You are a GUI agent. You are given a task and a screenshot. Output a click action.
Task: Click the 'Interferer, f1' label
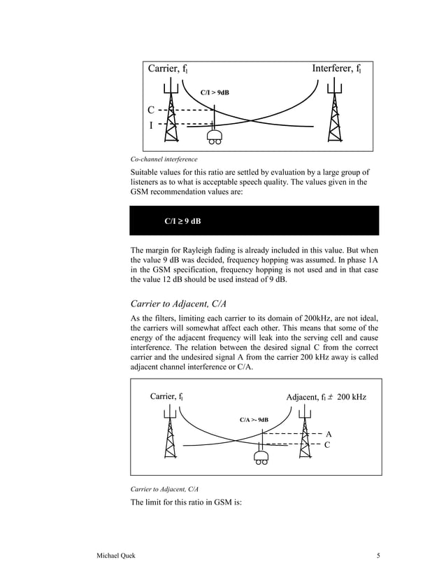click(336, 69)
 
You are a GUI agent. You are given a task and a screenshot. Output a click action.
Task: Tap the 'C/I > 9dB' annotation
click(215, 92)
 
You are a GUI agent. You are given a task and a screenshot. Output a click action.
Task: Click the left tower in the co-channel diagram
click(171, 112)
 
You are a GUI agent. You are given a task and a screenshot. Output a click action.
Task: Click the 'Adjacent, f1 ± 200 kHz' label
click(326, 397)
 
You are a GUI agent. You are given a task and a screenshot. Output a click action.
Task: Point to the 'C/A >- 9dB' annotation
click(254, 419)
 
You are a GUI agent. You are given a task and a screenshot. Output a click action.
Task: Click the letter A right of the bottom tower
click(329, 433)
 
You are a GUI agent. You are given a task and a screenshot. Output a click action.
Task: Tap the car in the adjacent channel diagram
click(262, 458)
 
